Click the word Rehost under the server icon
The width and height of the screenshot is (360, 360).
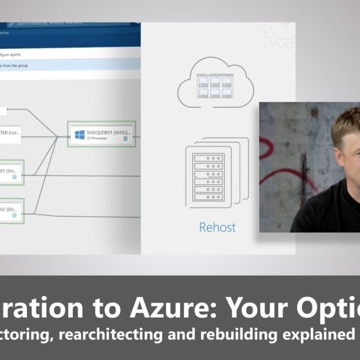217,228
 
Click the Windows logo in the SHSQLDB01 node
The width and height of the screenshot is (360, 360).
80,135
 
